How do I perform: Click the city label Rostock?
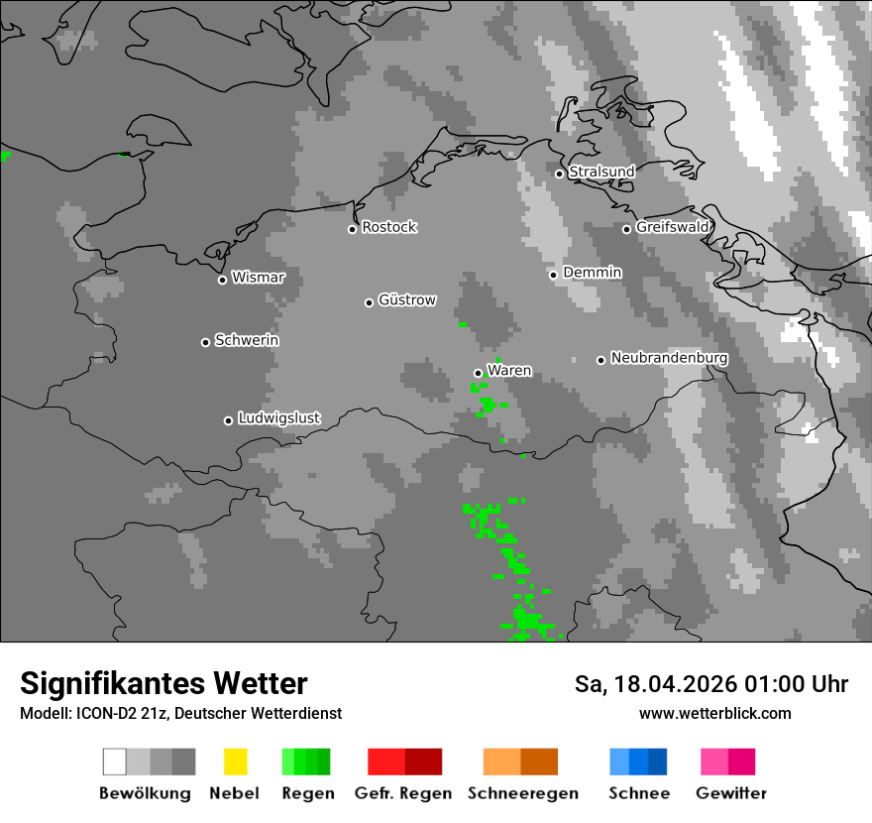coord(389,227)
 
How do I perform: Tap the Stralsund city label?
coord(601,172)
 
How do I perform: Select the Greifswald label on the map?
coord(673,227)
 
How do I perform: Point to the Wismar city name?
coord(258,278)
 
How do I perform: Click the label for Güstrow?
coord(407,299)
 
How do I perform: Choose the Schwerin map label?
coord(247,340)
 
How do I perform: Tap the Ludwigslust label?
coord(278,418)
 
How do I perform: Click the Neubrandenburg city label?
coord(669,358)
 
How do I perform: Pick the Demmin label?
coord(593,272)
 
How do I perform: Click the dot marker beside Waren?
coord(478,373)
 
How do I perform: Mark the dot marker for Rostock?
coord(352,229)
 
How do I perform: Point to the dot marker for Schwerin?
coord(205,342)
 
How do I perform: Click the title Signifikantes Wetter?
coord(163,683)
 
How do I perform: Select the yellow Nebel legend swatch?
coord(235,762)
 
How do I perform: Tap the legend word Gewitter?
coord(731,793)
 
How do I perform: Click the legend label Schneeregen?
coord(522,793)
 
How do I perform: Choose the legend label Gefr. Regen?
coord(403,793)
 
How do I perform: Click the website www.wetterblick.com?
coord(715,713)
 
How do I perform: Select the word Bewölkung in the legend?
coord(145,793)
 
